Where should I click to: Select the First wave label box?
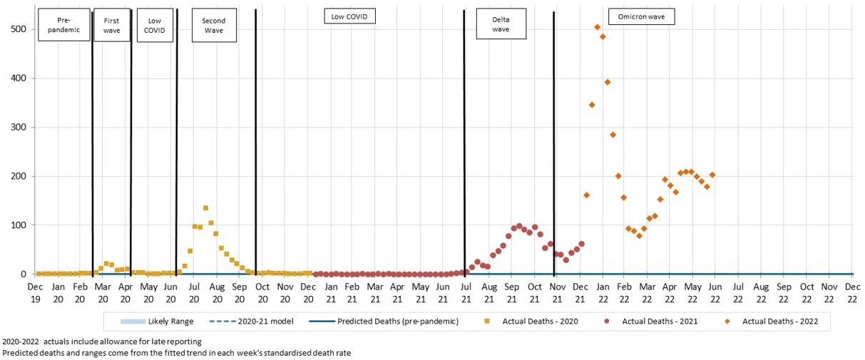pyautogui.click(x=111, y=24)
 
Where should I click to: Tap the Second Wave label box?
pyautogui.click(x=213, y=25)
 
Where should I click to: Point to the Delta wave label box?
pyautogui.click(x=501, y=24)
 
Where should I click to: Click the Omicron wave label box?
pyautogui.click(x=641, y=16)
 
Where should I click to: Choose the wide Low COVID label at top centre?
pyautogui.click(x=349, y=16)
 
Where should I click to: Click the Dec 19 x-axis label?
pyautogui.click(x=35, y=292)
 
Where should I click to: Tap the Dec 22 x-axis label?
pyautogui.click(x=852, y=292)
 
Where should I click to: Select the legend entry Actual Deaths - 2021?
pyautogui.click(x=653, y=322)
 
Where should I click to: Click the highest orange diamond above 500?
pyautogui.click(x=597, y=27)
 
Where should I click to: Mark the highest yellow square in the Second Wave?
pyautogui.click(x=205, y=208)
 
